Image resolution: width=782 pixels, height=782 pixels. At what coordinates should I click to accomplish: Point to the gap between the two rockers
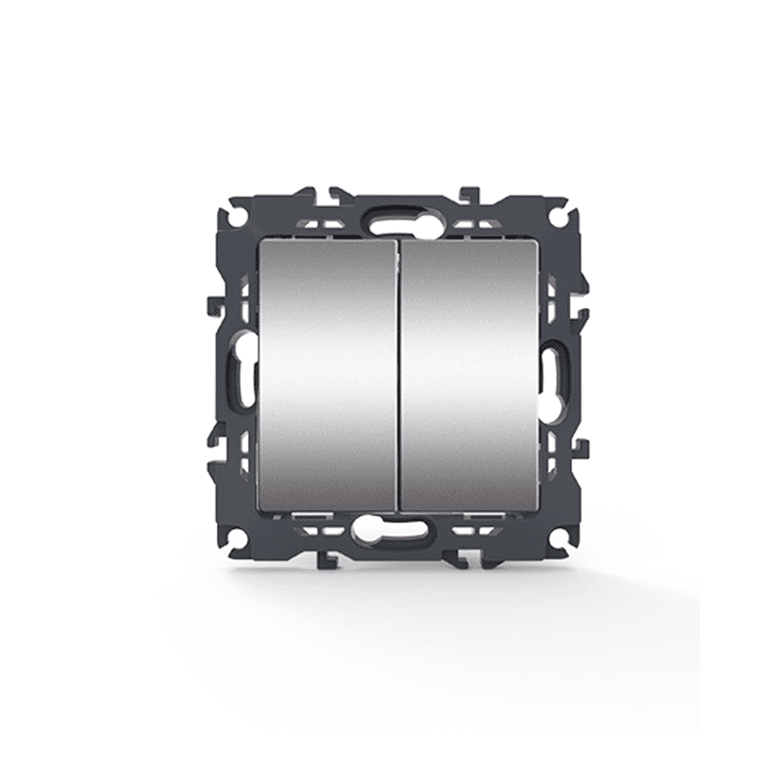(398, 376)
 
